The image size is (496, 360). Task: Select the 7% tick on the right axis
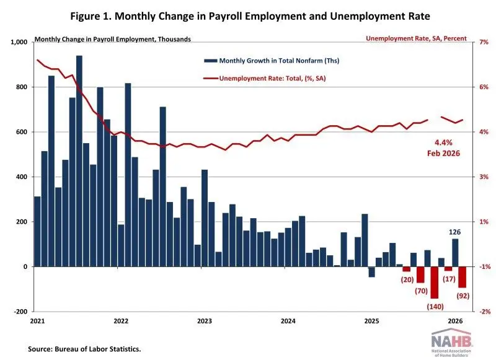point(479,42)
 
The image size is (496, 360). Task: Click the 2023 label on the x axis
point(205,321)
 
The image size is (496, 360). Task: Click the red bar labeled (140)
point(434,282)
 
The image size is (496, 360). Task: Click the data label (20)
point(407,279)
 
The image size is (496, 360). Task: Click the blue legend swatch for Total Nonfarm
point(210,61)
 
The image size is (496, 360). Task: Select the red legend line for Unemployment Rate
point(210,79)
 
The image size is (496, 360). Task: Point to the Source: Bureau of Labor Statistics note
point(84,349)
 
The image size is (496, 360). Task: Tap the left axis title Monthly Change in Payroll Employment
point(113,38)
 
